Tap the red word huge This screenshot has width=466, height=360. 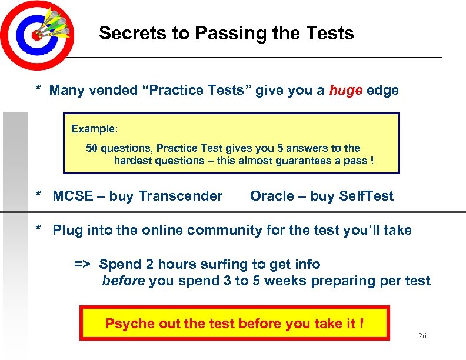click(x=346, y=91)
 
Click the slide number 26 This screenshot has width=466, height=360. click(x=422, y=336)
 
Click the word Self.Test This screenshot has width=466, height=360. click(x=367, y=196)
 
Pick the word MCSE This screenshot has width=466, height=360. click(x=72, y=196)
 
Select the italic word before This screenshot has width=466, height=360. click(x=124, y=281)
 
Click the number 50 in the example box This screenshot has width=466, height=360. click(x=92, y=148)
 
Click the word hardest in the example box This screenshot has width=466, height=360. click(x=132, y=161)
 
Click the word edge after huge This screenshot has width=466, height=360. click(x=383, y=91)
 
